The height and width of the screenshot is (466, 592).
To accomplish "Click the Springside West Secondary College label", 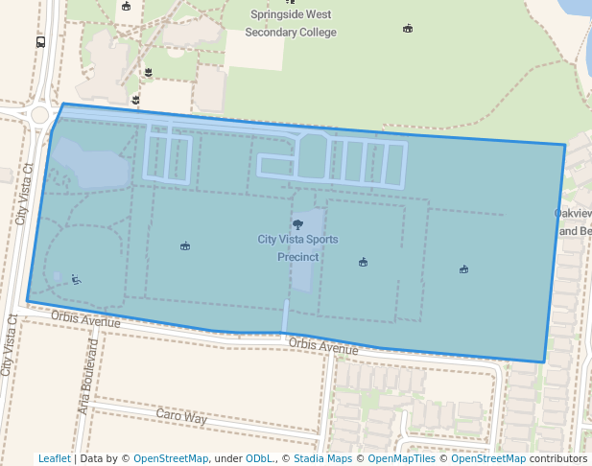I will coord(291,23).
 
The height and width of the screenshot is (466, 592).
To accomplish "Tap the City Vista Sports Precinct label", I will coord(297,247).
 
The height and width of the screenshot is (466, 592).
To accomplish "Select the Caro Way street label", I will coord(181,418).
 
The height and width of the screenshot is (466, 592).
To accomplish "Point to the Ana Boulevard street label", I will coord(86,375).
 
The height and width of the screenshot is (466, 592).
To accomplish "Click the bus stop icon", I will coord(40,42).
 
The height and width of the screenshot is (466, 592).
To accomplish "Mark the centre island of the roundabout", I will coord(39,114).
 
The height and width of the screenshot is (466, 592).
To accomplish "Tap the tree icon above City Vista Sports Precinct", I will coord(297,224).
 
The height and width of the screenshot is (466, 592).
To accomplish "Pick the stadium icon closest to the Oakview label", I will coord(463,269).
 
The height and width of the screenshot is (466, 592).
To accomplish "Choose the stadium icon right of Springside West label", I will coord(408,28).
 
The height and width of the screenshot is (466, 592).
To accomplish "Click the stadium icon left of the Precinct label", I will coord(184,246).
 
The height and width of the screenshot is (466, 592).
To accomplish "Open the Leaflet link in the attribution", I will coord(54,458).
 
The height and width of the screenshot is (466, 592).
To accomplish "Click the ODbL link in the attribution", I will coord(260,458).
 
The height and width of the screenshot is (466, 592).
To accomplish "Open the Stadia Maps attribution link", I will coord(320,458).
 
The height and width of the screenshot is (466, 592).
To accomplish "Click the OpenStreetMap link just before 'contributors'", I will coord(487,458).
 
